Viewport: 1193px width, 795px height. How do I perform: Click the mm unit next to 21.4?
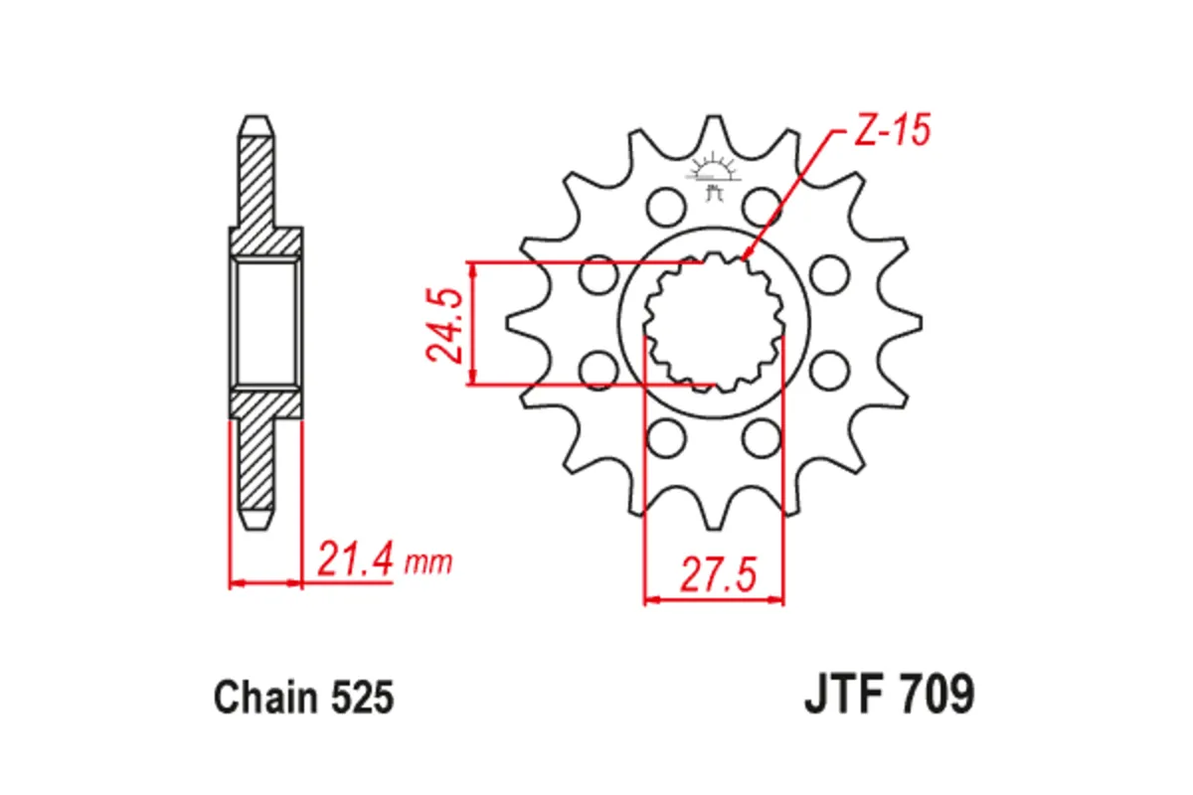coord(429,564)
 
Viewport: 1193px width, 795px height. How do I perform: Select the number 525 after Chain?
coord(362,698)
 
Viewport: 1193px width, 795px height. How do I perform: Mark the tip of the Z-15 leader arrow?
coord(745,261)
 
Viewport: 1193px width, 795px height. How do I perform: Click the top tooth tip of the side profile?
coord(254,120)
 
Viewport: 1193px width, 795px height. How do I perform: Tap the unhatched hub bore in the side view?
coord(265,323)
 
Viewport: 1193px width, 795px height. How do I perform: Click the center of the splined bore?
coord(713,324)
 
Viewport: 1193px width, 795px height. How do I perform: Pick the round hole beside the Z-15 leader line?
coord(761,206)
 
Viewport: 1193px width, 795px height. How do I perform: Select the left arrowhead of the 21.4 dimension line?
coord(235,582)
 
